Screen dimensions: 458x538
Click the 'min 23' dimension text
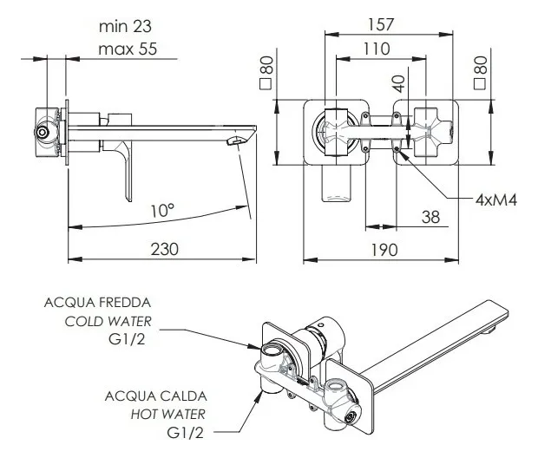[127, 26]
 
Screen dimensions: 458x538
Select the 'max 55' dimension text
[127, 49]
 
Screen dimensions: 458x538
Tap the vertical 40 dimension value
[398, 84]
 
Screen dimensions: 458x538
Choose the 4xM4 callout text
[496, 200]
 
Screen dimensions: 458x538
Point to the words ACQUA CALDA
[156, 396]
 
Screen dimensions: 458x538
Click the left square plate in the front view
[335, 134]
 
